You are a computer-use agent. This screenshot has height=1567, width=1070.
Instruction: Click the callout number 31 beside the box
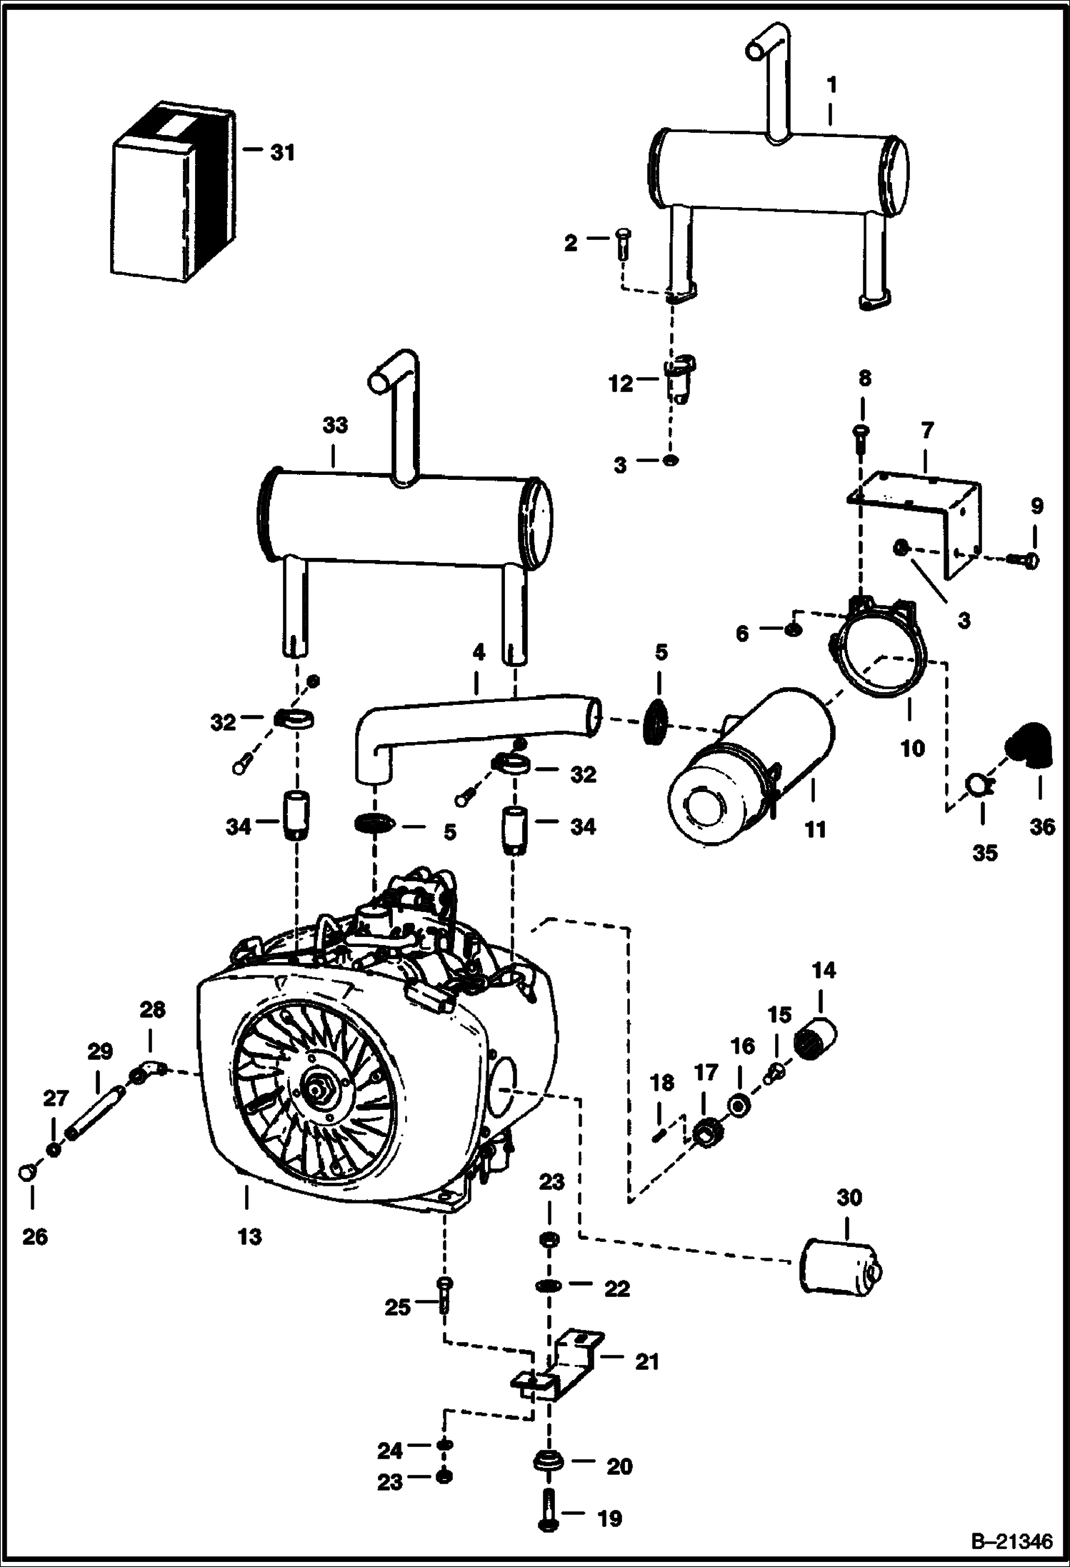pos(282,153)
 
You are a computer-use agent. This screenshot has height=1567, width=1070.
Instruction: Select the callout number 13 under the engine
pos(249,1236)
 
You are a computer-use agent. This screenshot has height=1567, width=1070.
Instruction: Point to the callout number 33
pos(335,425)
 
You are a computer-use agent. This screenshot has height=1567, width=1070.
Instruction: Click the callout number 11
pos(815,829)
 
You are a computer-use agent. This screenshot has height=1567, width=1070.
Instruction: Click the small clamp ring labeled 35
pos(975,784)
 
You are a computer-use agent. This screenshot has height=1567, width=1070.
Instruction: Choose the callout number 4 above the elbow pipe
pos(479,651)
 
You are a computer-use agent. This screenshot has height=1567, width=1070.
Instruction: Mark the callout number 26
pos(34,1236)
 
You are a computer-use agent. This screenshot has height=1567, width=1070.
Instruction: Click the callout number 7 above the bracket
pos(926,431)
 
